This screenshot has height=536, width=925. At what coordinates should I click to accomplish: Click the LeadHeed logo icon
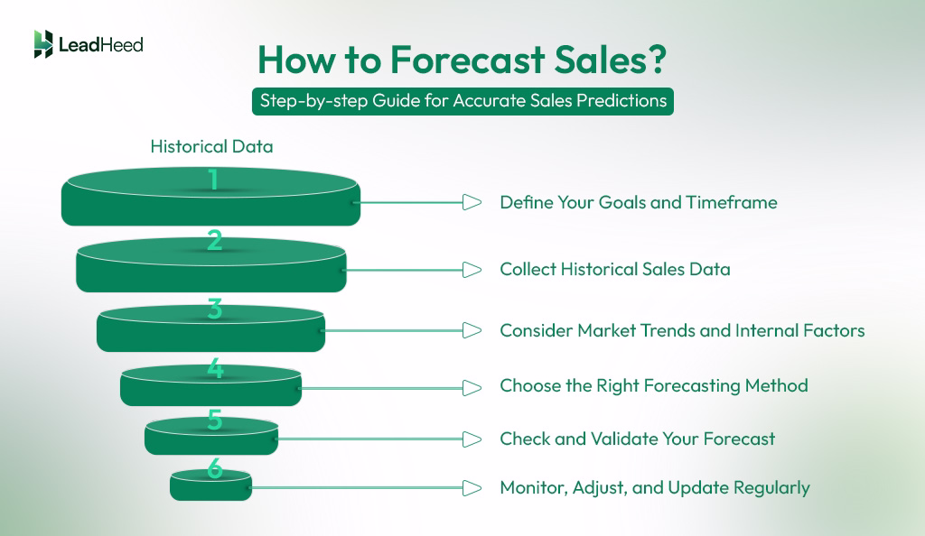42,43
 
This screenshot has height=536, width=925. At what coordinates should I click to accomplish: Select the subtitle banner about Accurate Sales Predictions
462,101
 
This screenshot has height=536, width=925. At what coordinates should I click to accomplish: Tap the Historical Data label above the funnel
211,146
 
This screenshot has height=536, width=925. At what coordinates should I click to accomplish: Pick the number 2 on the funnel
214,241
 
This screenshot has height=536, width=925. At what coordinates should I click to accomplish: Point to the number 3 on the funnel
214,309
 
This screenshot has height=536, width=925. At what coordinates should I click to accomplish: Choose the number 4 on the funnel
214,368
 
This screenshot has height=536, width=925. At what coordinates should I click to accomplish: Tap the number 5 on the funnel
214,420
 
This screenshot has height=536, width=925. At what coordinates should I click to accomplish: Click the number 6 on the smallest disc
214,468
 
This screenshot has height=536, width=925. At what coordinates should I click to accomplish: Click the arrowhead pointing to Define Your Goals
471,202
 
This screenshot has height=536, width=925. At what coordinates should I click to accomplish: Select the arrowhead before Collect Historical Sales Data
471,269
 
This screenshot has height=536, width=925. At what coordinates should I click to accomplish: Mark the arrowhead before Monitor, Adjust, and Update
471,488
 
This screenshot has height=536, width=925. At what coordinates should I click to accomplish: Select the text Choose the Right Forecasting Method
653,386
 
